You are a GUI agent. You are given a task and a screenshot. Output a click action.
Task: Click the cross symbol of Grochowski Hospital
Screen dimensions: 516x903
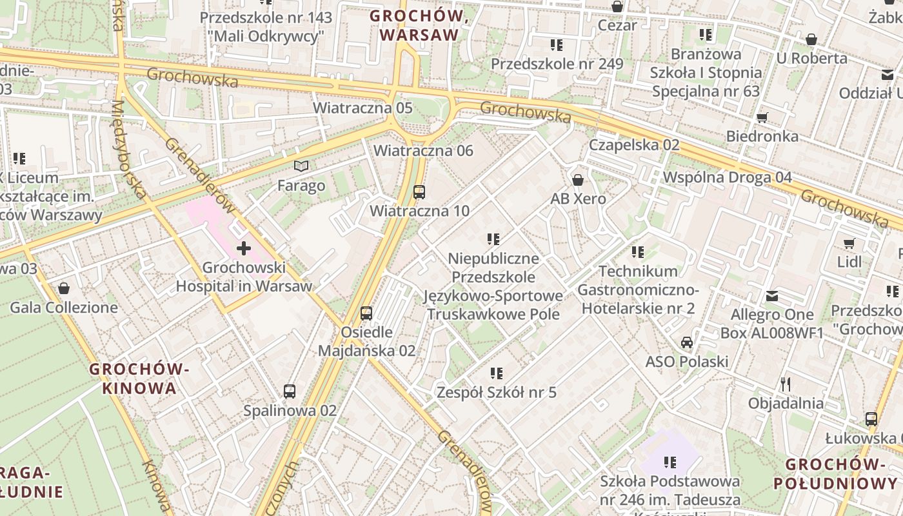click(x=244, y=248)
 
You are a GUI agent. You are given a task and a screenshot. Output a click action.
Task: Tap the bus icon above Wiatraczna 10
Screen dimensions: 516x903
click(x=419, y=192)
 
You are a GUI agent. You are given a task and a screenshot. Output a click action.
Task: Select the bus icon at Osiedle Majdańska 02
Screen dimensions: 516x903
click(x=366, y=313)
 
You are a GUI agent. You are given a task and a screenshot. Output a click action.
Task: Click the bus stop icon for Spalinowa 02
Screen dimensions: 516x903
click(x=290, y=391)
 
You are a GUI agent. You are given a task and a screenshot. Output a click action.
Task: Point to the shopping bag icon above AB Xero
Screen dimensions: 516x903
click(x=578, y=179)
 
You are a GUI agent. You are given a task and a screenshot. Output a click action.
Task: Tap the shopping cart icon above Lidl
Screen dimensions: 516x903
click(x=849, y=243)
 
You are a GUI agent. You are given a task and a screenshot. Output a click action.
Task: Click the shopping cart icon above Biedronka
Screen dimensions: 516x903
click(x=762, y=117)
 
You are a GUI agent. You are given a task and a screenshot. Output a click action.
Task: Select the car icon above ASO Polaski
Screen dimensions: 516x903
click(x=687, y=342)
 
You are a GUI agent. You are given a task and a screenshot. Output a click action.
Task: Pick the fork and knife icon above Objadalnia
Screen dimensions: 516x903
click(x=785, y=384)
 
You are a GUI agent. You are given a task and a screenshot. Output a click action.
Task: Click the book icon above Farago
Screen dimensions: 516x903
click(x=301, y=166)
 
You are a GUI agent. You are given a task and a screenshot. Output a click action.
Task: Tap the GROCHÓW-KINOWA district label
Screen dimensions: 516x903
click(x=139, y=379)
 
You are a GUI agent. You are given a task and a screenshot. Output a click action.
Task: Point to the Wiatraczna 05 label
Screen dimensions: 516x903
click(x=362, y=108)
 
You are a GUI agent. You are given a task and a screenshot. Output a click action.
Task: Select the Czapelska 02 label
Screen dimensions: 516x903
click(x=634, y=144)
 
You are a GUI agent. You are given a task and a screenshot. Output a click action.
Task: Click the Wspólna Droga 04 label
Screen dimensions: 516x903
click(x=728, y=177)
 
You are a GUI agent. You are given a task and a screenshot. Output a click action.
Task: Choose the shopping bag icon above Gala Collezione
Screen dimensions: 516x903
click(x=63, y=288)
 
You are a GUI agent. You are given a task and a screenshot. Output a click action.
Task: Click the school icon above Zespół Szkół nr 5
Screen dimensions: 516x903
click(x=496, y=373)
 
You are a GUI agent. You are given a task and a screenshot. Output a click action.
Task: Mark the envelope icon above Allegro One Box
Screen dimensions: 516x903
click(x=771, y=297)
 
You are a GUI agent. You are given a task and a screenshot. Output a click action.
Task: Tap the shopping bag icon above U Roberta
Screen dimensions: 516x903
click(x=811, y=40)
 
